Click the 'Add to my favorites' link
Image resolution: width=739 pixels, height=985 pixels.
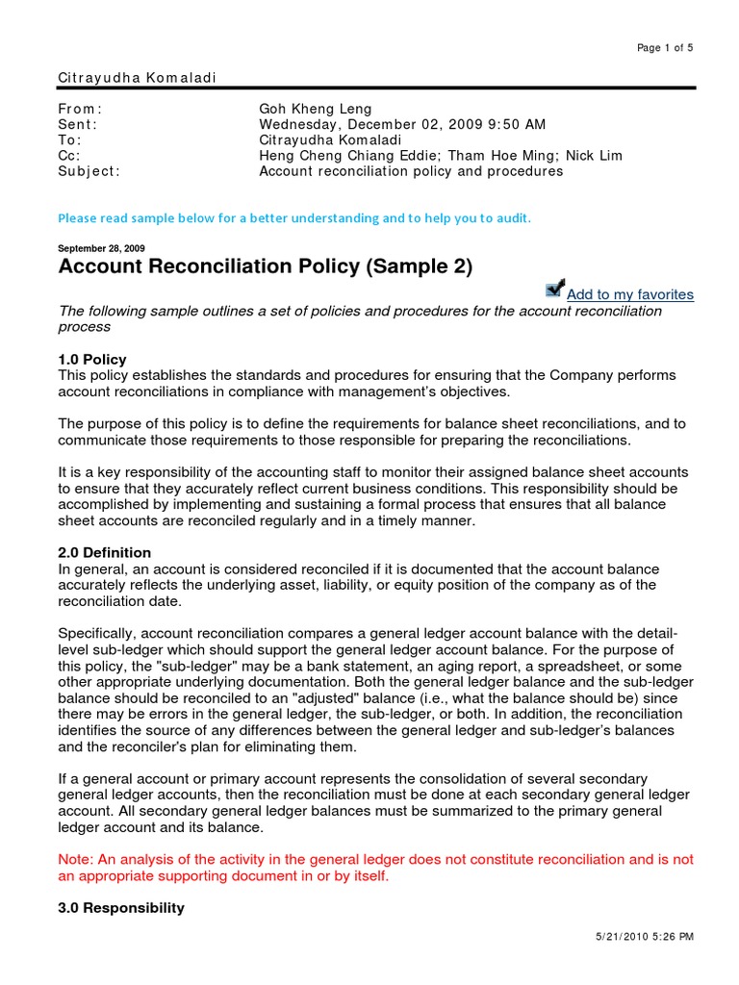click(x=629, y=294)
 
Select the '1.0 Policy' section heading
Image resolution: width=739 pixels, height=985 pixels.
click(x=92, y=359)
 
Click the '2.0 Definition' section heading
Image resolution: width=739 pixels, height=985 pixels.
click(x=105, y=552)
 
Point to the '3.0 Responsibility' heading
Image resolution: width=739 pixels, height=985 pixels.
click(x=121, y=907)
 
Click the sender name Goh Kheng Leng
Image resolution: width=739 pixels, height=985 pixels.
click(x=315, y=110)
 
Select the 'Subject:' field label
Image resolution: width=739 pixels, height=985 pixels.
click(x=89, y=171)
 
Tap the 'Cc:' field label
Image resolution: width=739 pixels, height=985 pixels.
click(x=70, y=156)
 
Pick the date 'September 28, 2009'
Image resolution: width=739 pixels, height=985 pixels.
click(x=102, y=248)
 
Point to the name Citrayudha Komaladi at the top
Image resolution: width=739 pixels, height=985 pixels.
click(x=125, y=76)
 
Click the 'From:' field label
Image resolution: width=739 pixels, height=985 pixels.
click(x=80, y=110)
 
